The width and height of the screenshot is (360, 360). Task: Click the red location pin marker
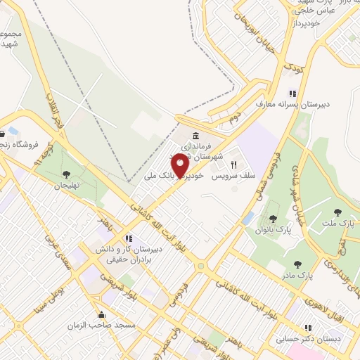[x=180, y=167]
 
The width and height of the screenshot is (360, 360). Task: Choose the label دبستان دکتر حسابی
[x=326, y=339]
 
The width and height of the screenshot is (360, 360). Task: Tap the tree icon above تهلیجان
[x=66, y=174]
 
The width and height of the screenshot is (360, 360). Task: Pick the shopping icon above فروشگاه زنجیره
[x=13, y=132]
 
